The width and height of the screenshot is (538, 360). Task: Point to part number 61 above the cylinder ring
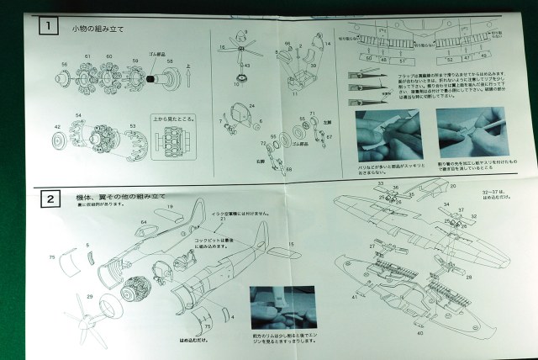pos(87,56)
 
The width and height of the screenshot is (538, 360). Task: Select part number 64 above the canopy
pos(144,222)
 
